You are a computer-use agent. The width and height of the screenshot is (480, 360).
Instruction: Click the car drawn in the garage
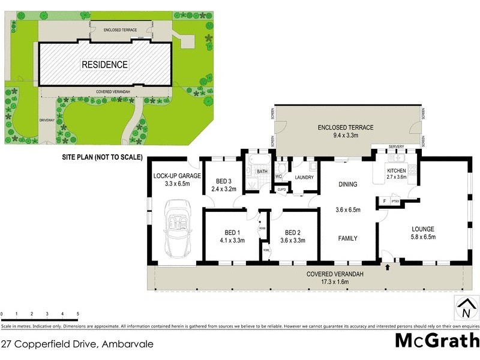175,229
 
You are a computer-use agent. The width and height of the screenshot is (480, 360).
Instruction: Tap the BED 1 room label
232,233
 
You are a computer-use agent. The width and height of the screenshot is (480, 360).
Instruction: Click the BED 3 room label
224,181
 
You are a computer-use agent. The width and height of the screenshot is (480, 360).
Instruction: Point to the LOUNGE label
422,229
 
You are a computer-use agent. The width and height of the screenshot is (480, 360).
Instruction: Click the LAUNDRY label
304,177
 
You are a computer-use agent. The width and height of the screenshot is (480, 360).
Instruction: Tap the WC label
278,177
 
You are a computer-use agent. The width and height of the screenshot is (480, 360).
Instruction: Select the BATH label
262,172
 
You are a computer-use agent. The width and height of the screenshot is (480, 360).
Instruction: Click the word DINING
348,184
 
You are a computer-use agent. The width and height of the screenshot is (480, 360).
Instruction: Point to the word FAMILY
348,238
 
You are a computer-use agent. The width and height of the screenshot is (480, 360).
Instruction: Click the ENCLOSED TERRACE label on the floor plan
346,127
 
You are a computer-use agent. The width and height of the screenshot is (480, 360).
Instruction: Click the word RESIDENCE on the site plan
104,65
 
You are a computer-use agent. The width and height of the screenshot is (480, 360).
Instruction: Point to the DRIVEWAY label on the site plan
47,120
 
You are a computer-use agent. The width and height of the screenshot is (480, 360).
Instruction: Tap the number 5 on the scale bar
78,314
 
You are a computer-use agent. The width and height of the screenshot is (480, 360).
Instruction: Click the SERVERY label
395,147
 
